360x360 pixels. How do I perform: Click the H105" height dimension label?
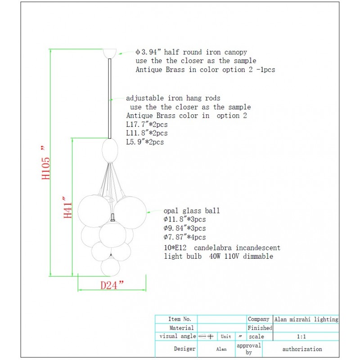click(46, 162)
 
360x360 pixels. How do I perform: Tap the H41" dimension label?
click(67, 207)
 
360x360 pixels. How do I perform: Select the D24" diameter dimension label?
click(112, 285)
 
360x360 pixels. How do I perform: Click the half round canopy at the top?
click(110, 54)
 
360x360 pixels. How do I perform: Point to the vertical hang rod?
click(110, 99)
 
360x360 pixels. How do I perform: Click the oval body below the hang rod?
click(110, 150)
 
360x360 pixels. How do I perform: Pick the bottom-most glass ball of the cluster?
click(110, 266)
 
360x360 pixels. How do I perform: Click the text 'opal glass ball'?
click(192, 211)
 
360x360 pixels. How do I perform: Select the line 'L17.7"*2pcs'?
click(147, 125)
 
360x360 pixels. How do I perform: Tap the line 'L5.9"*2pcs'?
click(145, 142)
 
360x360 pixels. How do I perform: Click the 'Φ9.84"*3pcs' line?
click(185, 228)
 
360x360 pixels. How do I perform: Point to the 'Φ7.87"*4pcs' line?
click(185, 237)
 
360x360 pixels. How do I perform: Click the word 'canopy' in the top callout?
click(235, 53)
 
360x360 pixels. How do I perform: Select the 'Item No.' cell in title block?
click(180, 319)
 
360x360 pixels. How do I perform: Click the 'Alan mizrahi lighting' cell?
click(306, 319)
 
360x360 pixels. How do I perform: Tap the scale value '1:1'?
click(301, 337)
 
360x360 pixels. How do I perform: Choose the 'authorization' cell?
click(302, 349)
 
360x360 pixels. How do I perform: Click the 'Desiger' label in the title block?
click(184, 349)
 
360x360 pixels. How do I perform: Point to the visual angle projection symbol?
click(206, 337)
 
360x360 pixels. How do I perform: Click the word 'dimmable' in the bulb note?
click(258, 256)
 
